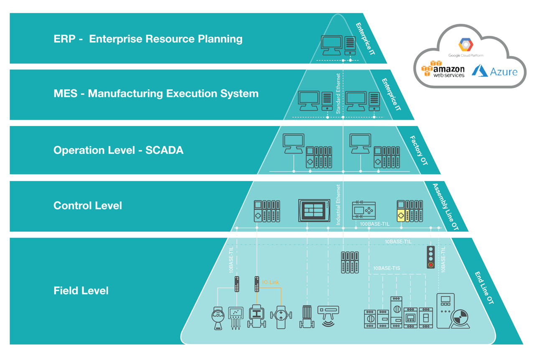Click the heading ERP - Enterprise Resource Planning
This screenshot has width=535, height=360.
[148, 39]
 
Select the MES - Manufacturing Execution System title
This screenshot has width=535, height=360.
[156, 93]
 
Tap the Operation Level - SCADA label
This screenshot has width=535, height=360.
[118, 150]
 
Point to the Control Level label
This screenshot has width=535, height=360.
[88, 206]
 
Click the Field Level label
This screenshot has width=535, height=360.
[81, 291]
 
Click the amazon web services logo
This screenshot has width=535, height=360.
[443, 69]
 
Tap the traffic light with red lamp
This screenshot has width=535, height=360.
[431, 257]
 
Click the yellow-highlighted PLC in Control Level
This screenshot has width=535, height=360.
[410, 211]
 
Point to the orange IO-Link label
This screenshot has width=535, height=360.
[270, 283]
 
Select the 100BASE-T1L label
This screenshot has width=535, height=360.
[374, 224]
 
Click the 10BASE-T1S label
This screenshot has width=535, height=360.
[387, 268]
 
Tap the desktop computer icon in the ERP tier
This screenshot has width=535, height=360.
[331, 45]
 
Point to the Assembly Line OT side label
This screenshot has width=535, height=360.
[445, 207]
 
